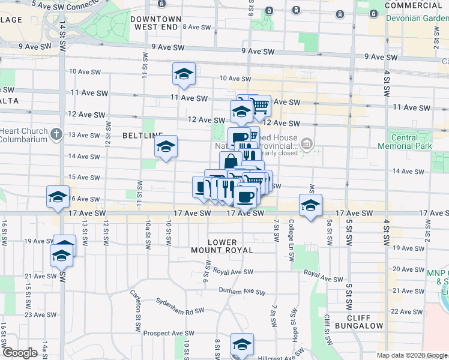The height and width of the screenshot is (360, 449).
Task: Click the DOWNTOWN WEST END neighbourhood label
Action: coord(156,23)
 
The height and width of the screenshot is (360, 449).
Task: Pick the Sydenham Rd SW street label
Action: coord(179,307)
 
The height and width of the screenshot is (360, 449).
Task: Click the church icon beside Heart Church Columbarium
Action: coord(56,133)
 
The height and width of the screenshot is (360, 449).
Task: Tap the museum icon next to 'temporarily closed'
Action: coord(307,143)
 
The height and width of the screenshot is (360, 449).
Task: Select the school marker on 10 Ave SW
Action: coord(184,74)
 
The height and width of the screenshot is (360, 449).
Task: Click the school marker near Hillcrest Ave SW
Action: coord(242,344)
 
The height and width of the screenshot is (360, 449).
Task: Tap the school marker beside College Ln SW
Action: coord(310,205)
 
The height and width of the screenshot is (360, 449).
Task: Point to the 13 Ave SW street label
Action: coord(83,135)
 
